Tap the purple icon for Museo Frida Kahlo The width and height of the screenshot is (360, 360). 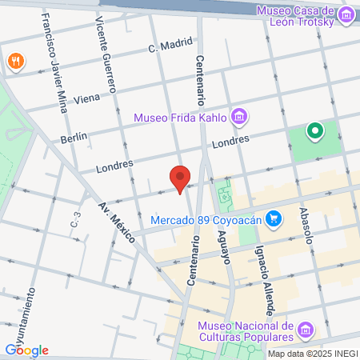(x=238, y=118)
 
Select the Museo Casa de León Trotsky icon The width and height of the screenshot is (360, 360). (x=346, y=14)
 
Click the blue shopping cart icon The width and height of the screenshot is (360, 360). (x=274, y=218)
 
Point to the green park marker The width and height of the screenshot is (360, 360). (x=315, y=130)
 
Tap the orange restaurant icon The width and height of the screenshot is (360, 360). (x=15, y=61)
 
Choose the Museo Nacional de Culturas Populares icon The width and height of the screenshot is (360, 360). (x=305, y=330)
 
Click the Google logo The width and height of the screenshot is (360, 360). (x=26, y=350)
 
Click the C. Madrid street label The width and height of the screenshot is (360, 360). (x=166, y=48)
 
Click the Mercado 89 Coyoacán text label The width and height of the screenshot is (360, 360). (x=208, y=218)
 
